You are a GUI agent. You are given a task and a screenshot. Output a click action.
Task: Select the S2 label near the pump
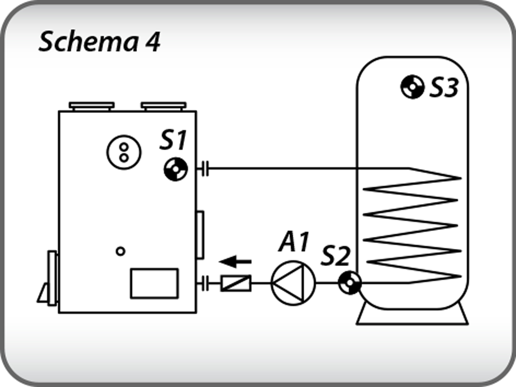click(x=336, y=256)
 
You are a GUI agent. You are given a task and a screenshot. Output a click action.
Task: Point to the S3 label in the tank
click(x=444, y=88)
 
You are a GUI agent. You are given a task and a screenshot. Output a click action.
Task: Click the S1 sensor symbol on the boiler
click(x=176, y=169)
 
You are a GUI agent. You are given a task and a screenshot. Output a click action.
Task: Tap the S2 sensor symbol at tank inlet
click(x=350, y=283)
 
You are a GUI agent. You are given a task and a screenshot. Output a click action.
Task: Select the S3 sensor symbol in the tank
click(x=412, y=87)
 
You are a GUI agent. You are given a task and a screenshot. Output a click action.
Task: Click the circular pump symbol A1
click(x=293, y=283)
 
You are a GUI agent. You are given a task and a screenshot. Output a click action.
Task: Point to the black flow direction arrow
click(x=235, y=261)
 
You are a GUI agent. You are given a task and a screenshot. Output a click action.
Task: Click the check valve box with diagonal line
click(x=236, y=283)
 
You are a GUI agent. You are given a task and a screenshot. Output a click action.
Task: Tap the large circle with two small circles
click(x=124, y=152)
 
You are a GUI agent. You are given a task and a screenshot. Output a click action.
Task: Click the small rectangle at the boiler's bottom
click(x=154, y=283)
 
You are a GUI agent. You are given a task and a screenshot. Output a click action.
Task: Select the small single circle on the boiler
click(x=120, y=251)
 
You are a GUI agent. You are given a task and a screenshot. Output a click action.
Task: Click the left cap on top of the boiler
click(x=92, y=106)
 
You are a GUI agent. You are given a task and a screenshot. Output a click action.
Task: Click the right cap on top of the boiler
click(x=164, y=106)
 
